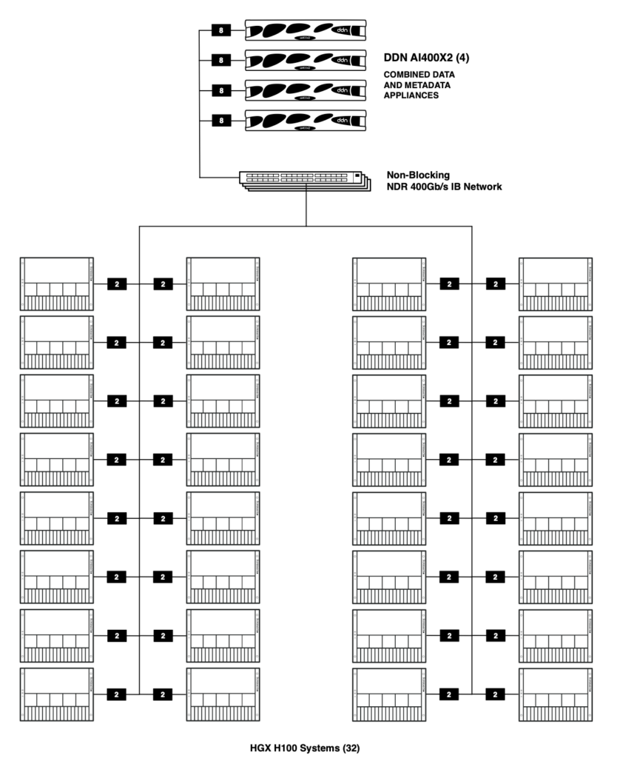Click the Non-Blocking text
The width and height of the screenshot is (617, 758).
click(418, 175)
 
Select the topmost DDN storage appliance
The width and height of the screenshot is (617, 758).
click(305, 31)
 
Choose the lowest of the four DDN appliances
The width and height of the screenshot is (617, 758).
click(305, 119)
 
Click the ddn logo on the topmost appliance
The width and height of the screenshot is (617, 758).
click(343, 30)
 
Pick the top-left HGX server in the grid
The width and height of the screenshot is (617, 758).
click(57, 283)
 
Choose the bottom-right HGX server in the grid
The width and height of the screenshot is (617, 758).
click(556, 694)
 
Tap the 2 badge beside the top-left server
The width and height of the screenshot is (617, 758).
click(117, 283)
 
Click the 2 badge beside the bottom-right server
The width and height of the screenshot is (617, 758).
click(496, 694)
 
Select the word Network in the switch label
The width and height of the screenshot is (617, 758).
click(482, 187)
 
